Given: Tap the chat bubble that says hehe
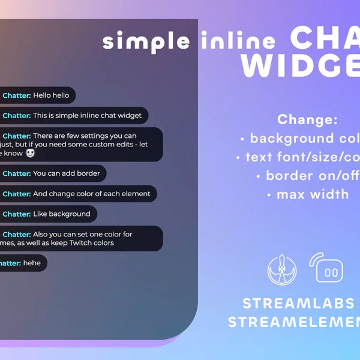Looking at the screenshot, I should [24, 263].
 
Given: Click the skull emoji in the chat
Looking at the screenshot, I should [31, 154].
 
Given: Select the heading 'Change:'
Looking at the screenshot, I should [308, 119].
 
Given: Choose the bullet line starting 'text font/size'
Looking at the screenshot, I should [300, 157].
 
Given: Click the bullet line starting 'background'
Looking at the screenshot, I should [300, 139].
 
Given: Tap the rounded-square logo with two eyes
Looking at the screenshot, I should [329, 270].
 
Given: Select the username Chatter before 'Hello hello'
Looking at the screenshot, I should [17, 95].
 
